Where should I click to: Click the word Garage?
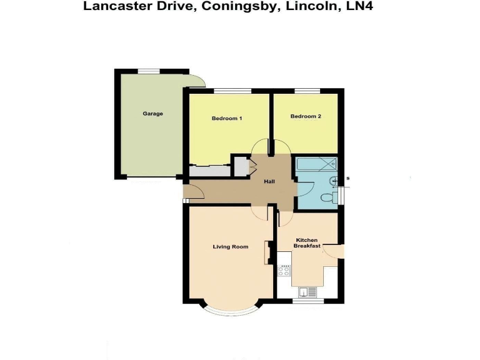(x=152, y=114)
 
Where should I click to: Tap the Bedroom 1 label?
(x=227, y=118)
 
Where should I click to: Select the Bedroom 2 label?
(x=306, y=116)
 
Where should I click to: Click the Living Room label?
(x=231, y=247)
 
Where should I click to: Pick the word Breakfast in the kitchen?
(x=307, y=246)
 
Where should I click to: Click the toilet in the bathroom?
(x=326, y=197)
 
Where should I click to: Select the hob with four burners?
(x=284, y=271)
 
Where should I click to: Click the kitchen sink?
(x=307, y=291)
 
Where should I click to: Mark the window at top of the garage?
(x=149, y=71)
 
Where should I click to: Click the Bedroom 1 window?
(x=230, y=91)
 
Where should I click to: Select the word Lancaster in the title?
(x=115, y=7)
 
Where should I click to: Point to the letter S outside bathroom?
(x=347, y=179)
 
